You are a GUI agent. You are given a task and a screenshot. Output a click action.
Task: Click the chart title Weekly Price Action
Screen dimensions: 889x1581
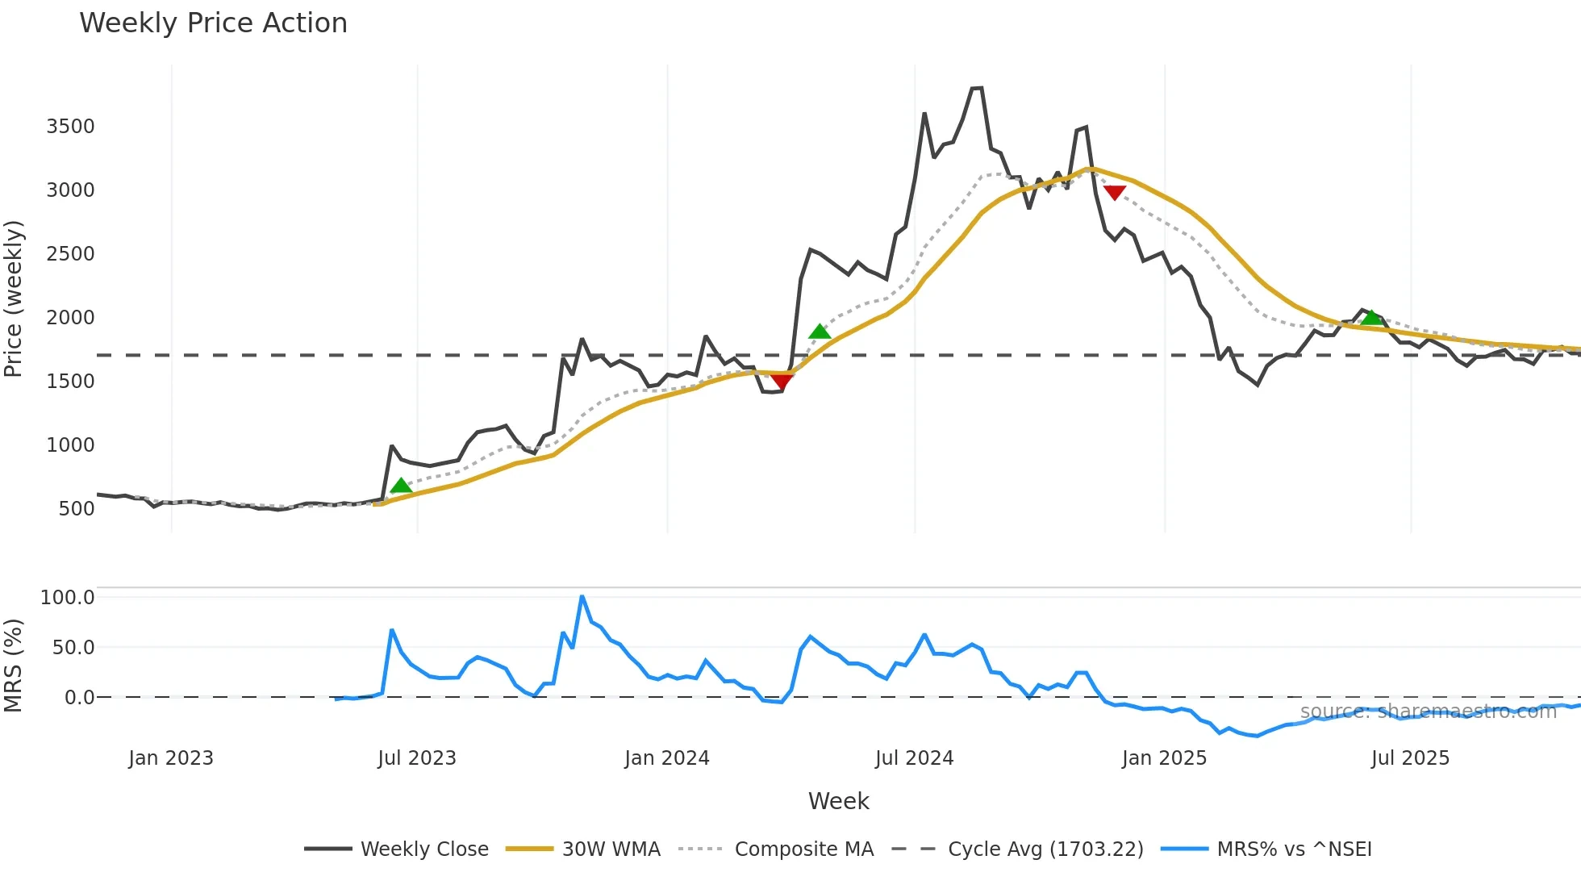(x=213, y=23)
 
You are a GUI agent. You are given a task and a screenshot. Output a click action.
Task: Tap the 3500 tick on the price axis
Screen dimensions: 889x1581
(x=70, y=127)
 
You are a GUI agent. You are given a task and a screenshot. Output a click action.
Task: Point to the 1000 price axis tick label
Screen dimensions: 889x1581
(x=70, y=445)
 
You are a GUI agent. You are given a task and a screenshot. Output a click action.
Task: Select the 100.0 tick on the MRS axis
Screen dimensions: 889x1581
(x=67, y=598)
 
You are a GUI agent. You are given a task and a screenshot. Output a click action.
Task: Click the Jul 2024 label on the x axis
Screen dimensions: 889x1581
(x=914, y=758)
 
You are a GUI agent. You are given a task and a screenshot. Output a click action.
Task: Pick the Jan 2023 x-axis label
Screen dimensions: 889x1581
(x=171, y=758)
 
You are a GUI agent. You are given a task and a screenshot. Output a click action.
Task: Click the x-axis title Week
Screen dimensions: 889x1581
(x=838, y=801)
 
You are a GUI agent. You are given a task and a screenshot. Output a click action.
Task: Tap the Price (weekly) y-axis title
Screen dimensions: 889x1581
(x=14, y=298)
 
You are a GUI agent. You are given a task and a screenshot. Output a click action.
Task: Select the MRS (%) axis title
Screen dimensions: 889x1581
(x=14, y=666)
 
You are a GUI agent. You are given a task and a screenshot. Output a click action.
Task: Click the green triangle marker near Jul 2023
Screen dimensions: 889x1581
(x=401, y=486)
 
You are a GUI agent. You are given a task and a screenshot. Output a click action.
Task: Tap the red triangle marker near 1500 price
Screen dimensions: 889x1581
(x=781, y=381)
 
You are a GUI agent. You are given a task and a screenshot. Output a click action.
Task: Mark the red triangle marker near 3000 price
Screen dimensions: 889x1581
(x=1114, y=192)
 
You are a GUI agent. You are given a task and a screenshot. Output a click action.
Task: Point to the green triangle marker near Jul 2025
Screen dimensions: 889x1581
(x=1371, y=317)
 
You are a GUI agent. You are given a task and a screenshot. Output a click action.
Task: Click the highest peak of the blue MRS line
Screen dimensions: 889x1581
(x=582, y=597)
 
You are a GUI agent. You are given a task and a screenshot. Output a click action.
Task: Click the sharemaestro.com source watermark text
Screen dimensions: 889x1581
(x=1428, y=712)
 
